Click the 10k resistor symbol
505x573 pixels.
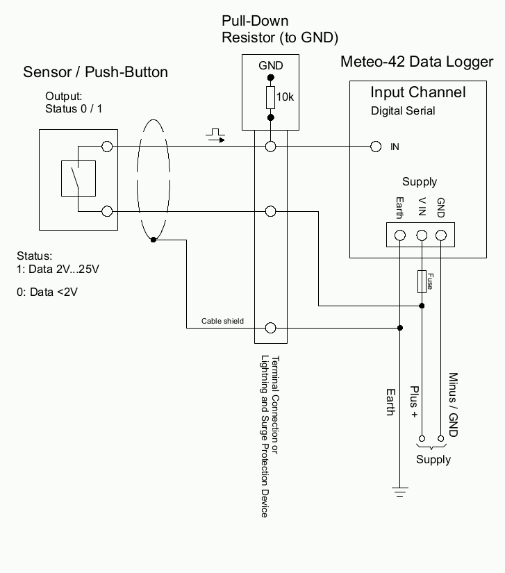pos(270,98)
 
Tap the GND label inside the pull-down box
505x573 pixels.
pos(271,66)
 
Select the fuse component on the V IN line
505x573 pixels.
pos(421,281)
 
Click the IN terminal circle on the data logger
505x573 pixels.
pos(376,147)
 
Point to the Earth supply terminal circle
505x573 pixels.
pos(400,235)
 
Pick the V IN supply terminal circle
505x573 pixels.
pos(421,235)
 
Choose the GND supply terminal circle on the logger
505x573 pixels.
pos(440,235)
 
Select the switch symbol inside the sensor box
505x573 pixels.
pos(78,178)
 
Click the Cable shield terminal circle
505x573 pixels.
pos(271,328)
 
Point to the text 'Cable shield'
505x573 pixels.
pos(223,321)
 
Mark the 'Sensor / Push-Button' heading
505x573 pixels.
pos(95,72)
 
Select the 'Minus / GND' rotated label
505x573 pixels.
pos(453,405)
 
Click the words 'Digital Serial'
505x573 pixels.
pos(403,110)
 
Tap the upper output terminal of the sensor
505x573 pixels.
pos(107,147)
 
